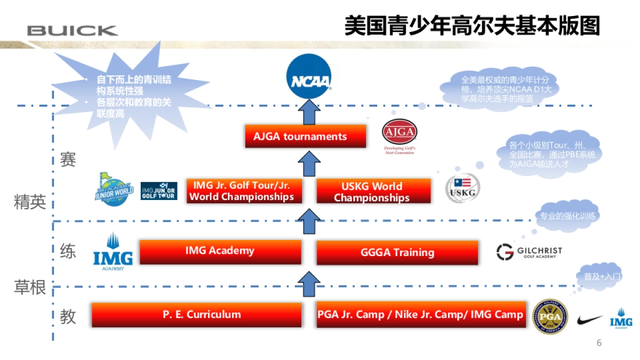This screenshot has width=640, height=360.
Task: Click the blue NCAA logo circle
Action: (x=309, y=78)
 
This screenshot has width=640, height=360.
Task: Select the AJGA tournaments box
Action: (x=305, y=137)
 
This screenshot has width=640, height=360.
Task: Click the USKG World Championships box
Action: (x=373, y=191)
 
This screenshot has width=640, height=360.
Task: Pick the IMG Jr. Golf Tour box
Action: (x=244, y=191)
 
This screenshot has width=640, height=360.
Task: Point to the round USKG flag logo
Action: (x=462, y=188)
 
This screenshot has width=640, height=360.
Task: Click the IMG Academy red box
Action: (x=220, y=251)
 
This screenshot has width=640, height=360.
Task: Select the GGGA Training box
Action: (x=397, y=252)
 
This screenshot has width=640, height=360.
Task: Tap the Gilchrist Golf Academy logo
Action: (x=529, y=252)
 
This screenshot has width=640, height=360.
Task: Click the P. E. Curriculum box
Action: (x=196, y=315)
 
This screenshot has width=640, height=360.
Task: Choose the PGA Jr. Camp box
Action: (x=421, y=315)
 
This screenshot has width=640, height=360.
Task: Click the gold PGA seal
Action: (x=550, y=316)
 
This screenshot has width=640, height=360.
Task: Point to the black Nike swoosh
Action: (x=589, y=321)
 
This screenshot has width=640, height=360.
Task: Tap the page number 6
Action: (x=599, y=343)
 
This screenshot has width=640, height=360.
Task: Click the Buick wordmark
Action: (x=72, y=30)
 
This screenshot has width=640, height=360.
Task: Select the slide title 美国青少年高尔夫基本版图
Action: (x=472, y=26)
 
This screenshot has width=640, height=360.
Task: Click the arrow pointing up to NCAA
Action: (x=307, y=112)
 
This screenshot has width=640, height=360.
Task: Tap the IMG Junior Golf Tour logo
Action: (x=159, y=191)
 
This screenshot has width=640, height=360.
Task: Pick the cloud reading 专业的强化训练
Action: (x=567, y=216)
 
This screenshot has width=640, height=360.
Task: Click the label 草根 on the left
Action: (x=30, y=288)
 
